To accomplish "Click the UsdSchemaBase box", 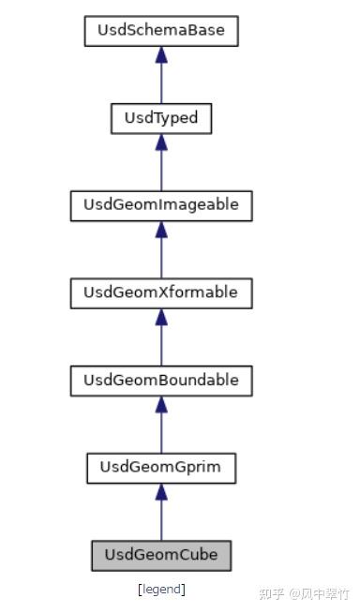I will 161,31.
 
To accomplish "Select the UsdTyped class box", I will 161,118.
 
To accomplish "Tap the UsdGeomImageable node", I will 161,205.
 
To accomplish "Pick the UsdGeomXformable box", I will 161,292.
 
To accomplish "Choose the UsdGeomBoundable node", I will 161,380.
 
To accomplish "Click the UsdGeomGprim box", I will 161,467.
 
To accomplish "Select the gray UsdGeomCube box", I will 161,554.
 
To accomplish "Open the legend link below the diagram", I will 161,590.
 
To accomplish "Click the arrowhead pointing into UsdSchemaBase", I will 161,55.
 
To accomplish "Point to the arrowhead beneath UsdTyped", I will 161,142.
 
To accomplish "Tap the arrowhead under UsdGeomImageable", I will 161,230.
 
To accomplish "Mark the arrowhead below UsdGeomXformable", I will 161,317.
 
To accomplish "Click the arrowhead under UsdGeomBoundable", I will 161,404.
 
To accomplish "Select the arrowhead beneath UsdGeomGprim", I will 161,491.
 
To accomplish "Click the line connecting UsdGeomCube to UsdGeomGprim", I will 161,521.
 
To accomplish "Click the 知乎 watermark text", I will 272,594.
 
